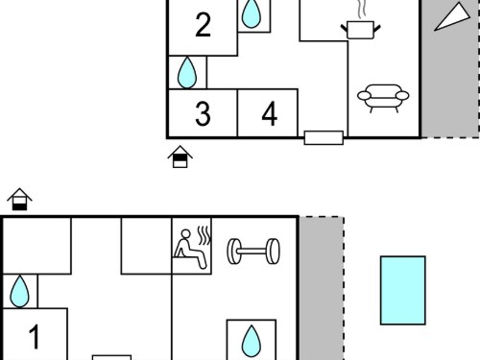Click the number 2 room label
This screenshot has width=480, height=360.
pos(203,25)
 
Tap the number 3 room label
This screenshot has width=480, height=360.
pos(203,113)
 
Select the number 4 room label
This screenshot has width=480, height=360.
pos(270,113)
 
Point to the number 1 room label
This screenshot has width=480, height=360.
pos(34,337)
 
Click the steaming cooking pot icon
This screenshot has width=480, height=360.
pos(361,30)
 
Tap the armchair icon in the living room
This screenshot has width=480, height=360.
pos(383,98)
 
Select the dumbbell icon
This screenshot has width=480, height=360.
pos(253,252)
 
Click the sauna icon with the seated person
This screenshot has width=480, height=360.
pos(192,247)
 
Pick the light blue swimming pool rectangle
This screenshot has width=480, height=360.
pos(403,291)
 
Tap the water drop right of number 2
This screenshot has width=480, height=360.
pos(252,13)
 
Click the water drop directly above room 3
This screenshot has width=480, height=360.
pos(187,73)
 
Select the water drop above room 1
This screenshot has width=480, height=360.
pos(19,292)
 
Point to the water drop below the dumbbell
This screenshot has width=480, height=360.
pos(252,341)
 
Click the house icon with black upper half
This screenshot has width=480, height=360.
pos(180,156)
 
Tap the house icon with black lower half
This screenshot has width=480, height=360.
pos(19,199)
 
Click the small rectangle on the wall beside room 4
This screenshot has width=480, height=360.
pos(324,137)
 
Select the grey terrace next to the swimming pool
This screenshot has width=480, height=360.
pos(322,288)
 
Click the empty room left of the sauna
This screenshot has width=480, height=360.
pos(146,246)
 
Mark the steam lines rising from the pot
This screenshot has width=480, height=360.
pos(362,9)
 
